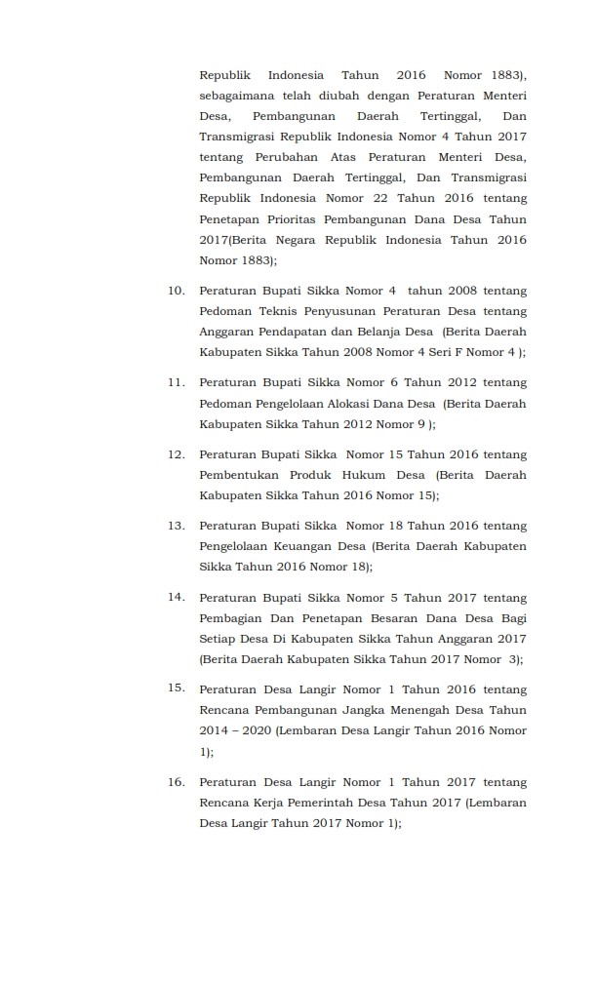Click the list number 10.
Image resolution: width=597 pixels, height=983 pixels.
[177, 290]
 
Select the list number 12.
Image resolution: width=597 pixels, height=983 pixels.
[177, 453]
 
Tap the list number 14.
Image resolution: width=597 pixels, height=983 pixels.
[177, 596]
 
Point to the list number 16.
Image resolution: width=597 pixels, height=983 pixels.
[177, 781]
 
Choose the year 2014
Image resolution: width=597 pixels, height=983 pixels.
[216, 730]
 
